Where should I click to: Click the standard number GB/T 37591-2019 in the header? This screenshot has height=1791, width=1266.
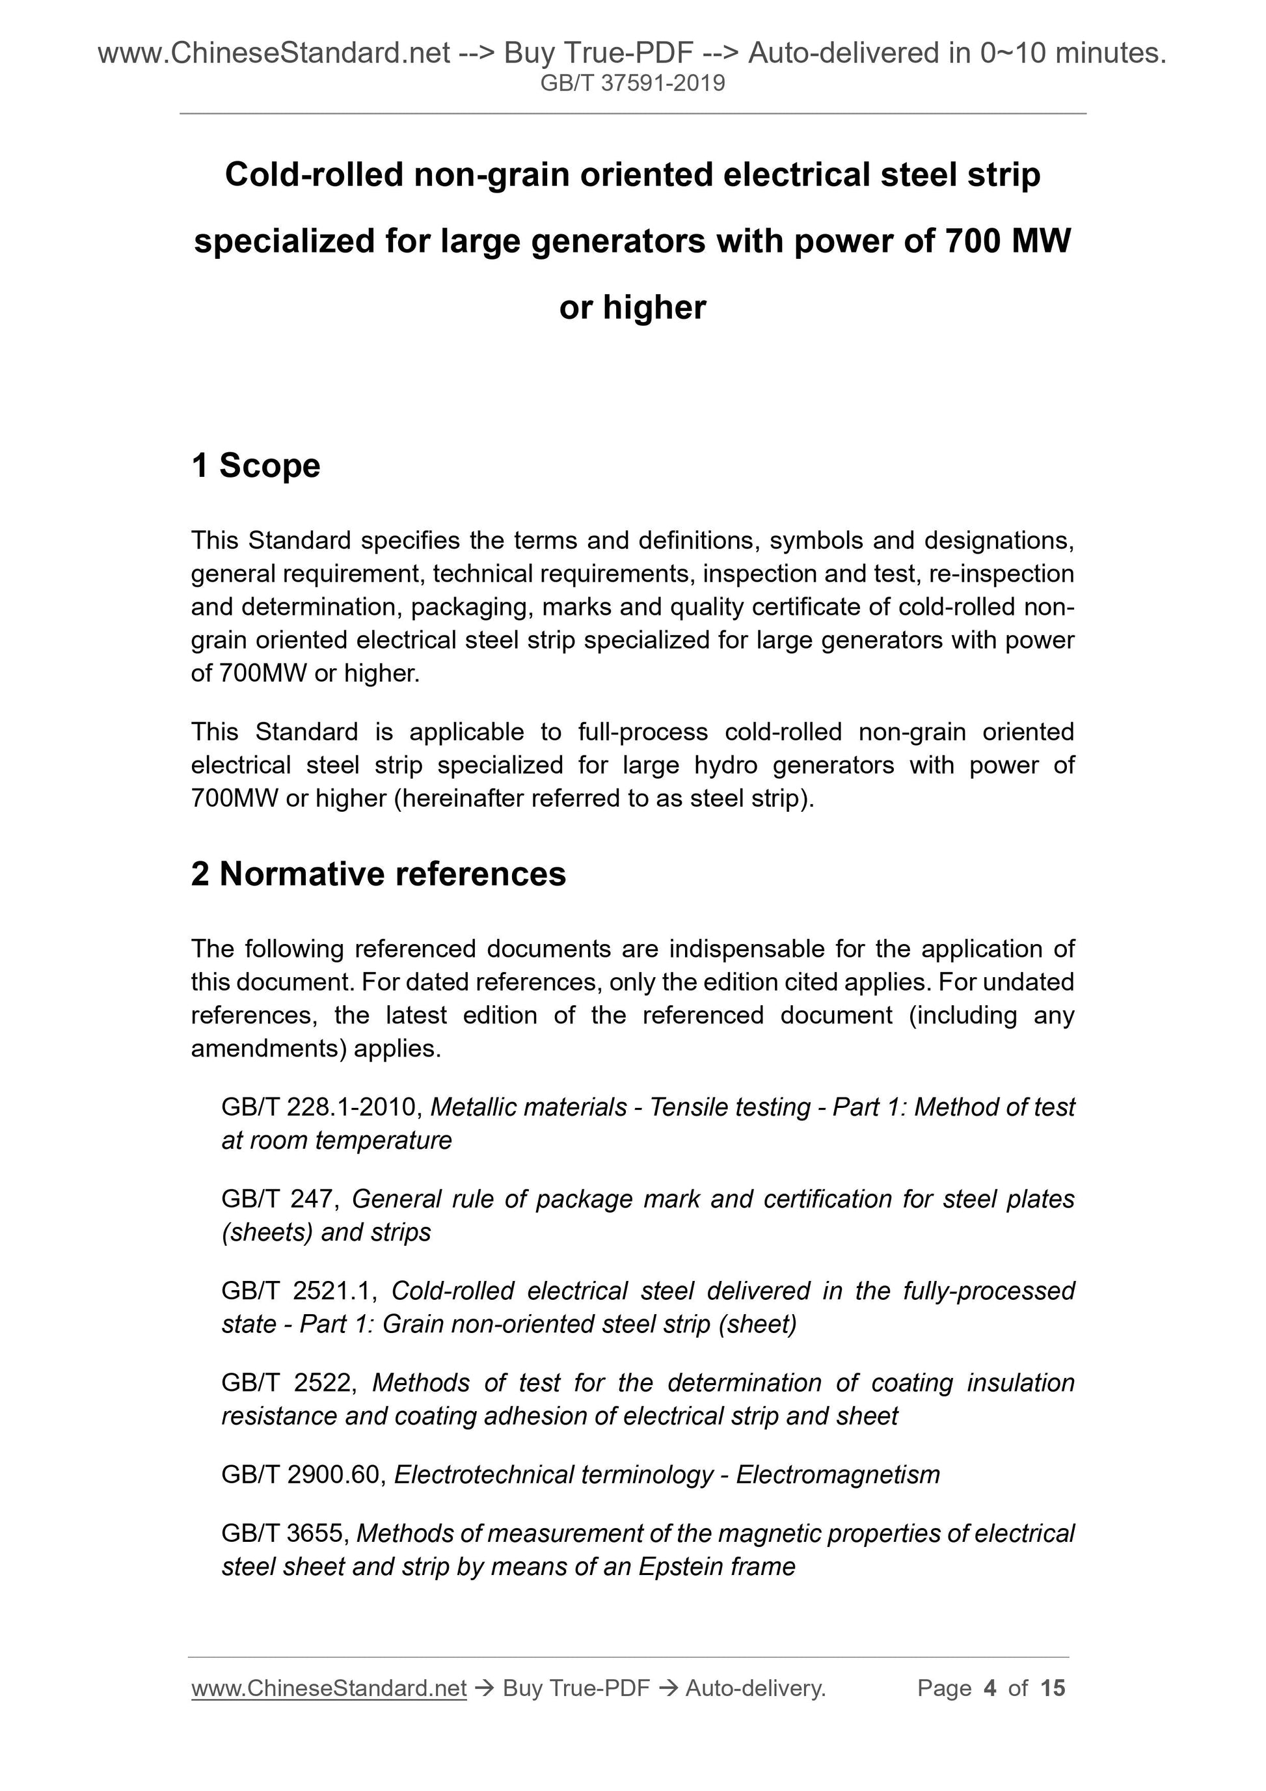click(x=632, y=83)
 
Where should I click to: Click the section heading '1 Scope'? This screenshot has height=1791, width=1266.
click(x=256, y=466)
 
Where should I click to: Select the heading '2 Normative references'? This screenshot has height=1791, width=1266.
click(x=379, y=874)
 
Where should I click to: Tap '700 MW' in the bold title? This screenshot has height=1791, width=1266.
click(x=1007, y=241)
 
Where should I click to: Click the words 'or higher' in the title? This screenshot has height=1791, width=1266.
click(x=632, y=307)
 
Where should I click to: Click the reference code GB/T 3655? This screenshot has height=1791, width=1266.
click(x=285, y=1533)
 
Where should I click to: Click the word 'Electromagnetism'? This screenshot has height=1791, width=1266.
click(x=838, y=1475)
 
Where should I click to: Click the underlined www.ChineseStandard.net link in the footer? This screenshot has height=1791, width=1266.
click(x=329, y=1688)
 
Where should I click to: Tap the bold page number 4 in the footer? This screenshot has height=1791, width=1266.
click(x=990, y=1688)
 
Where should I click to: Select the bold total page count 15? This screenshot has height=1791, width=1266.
click(x=1052, y=1688)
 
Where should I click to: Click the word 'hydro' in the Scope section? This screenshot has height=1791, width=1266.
click(x=725, y=765)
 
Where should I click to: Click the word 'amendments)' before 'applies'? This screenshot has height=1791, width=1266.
click(x=268, y=1049)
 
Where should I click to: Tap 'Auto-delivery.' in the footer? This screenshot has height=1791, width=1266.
click(x=755, y=1688)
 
